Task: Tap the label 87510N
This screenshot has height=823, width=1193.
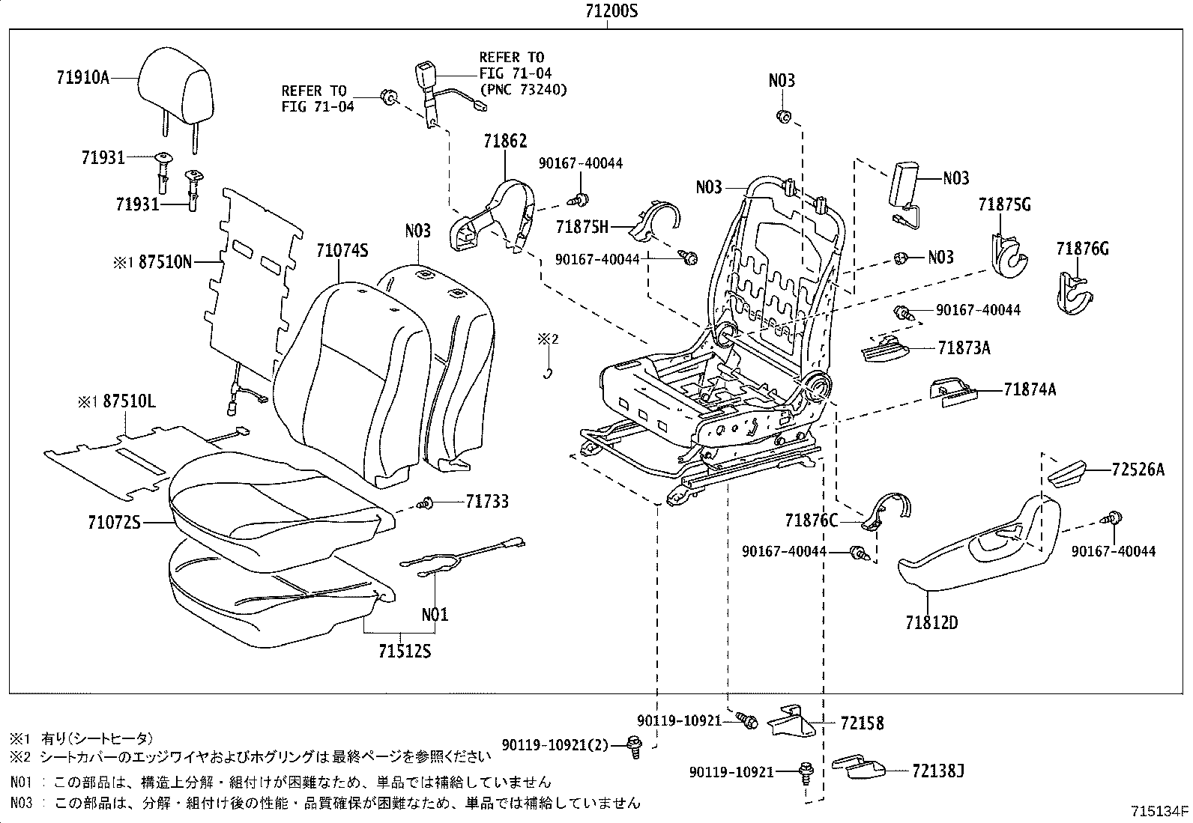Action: click(165, 261)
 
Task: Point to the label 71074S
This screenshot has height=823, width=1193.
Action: click(342, 251)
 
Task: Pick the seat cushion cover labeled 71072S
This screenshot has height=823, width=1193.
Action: click(277, 509)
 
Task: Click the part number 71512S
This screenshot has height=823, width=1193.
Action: click(405, 651)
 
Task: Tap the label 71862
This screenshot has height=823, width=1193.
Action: click(505, 141)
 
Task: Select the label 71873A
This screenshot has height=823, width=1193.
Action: click(964, 347)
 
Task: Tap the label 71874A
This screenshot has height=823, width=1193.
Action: click(1030, 389)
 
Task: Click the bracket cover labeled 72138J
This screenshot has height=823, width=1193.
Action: click(858, 768)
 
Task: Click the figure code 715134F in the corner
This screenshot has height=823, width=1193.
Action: click(1159, 811)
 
